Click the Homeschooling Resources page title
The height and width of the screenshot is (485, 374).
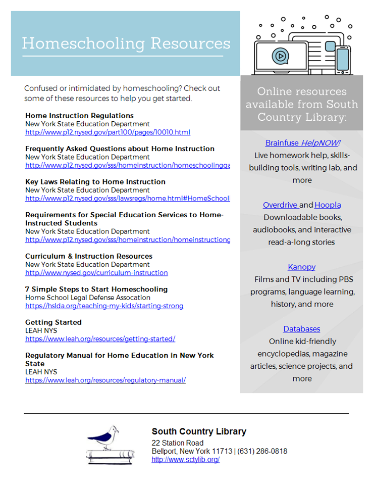point(126,43)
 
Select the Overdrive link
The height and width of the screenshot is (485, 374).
point(281,205)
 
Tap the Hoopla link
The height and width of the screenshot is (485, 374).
point(328,205)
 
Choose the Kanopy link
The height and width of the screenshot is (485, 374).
point(301,267)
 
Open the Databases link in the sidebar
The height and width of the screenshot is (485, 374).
point(301,329)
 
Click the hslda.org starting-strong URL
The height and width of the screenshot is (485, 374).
point(104,306)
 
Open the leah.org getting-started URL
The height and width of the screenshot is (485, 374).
point(100,338)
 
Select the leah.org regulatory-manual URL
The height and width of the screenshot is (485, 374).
point(105,380)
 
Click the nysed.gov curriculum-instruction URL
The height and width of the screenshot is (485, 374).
point(96,272)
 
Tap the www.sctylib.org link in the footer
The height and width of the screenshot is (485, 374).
point(185,459)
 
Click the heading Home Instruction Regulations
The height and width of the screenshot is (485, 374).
point(79,116)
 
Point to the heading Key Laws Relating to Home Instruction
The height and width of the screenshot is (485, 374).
point(95,182)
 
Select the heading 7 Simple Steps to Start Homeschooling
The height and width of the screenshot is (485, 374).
point(96,289)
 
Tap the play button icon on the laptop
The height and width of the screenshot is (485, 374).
point(279,55)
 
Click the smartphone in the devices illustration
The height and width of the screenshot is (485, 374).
point(343,60)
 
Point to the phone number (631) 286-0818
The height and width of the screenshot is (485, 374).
point(262,451)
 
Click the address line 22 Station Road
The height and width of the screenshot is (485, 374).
point(177,443)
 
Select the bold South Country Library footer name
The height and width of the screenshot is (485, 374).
point(199,431)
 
